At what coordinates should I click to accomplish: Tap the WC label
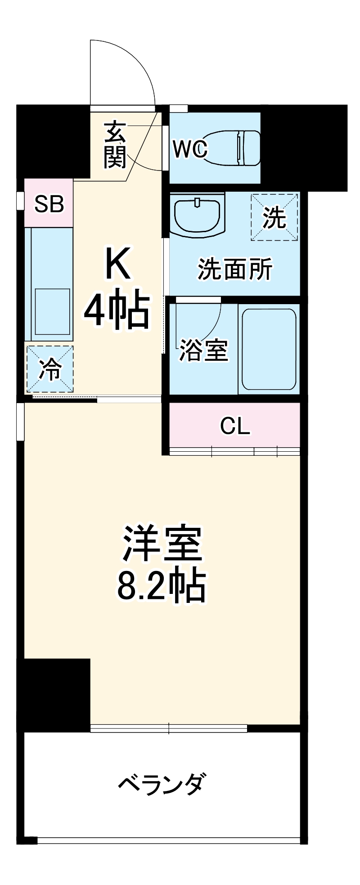190,149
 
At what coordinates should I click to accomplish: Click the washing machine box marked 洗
274,217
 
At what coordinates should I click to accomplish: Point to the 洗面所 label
235,270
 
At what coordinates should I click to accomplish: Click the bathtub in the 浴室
269,349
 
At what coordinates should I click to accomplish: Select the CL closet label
235,426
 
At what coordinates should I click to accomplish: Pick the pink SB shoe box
49,203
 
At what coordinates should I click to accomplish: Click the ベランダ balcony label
162,784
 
